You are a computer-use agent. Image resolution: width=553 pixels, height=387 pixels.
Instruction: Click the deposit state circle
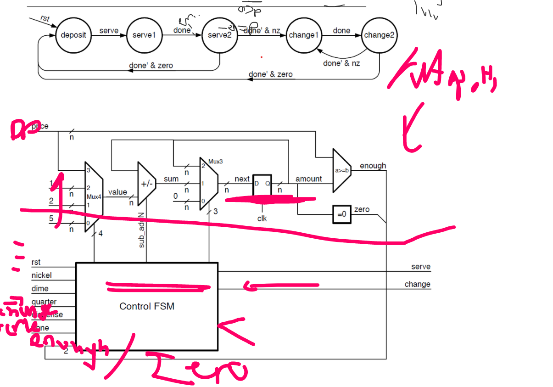tap(73, 35)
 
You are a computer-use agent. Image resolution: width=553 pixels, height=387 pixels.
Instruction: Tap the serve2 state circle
tap(220, 35)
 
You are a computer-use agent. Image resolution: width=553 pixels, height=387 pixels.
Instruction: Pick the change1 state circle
tap(303, 35)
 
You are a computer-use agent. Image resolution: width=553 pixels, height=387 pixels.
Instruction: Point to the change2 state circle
tap(379, 35)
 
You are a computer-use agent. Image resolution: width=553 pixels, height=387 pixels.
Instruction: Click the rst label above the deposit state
tap(45, 19)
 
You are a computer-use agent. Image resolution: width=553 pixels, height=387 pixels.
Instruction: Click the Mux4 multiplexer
tap(94, 196)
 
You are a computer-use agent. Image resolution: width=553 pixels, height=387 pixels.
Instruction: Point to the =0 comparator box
tap(341, 214)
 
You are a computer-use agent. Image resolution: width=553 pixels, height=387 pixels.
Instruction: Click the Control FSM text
tap(146, 306)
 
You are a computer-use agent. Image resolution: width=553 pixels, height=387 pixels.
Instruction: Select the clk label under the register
tap(262, 219)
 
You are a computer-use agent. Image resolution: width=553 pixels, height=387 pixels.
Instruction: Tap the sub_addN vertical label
tap(142, 230)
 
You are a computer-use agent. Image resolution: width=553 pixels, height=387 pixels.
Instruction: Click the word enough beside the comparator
tap(373, 166)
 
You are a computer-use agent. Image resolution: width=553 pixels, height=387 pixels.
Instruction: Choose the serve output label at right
tap(420, 267)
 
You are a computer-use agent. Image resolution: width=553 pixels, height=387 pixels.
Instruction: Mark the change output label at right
tap(417, 284)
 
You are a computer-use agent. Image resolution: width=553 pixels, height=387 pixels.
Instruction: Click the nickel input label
tap(41, 275)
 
